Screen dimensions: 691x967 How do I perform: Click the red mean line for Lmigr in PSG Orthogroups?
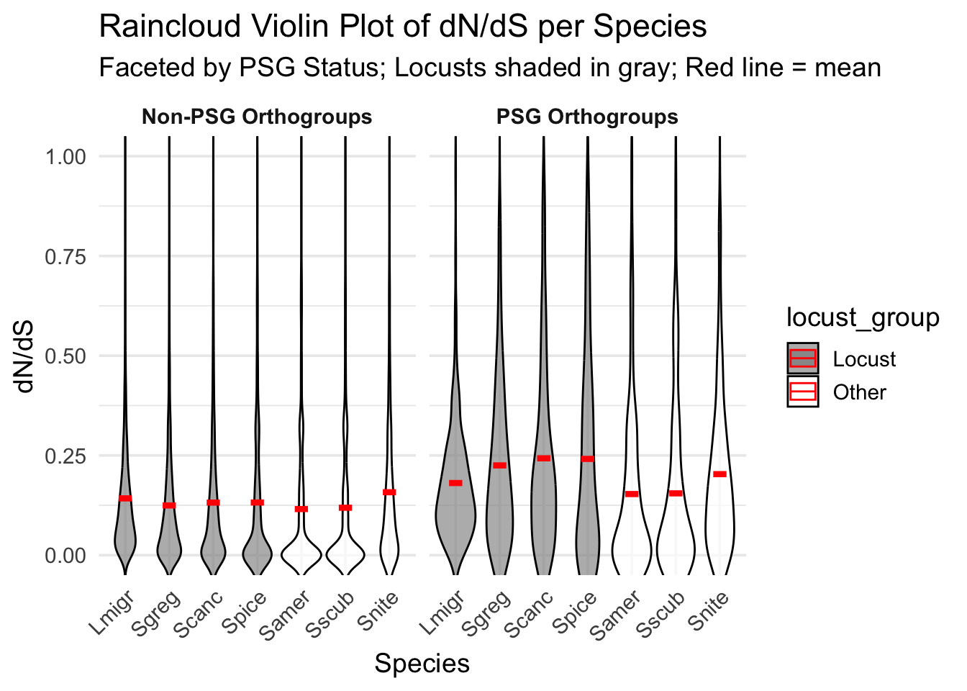pos(455,483)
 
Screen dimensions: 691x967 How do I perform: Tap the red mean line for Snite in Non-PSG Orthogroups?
pos(389,492)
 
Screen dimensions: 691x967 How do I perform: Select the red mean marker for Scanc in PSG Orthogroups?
pos(543,459)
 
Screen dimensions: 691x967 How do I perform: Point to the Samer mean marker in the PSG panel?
pos(632,494)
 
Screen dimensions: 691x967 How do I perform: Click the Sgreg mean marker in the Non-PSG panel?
pos(169,505)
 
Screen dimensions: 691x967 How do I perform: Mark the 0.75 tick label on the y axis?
pos(65,256)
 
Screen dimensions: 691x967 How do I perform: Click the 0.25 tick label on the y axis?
pos(65,456)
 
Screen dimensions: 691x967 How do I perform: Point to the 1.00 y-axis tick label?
pos(65,157)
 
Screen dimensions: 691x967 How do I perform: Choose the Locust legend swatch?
pos(802,358)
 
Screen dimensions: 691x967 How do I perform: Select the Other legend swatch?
pos(802,392)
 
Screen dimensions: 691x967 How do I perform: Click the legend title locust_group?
pos(862,317)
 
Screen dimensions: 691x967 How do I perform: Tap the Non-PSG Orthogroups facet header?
pos(257,117)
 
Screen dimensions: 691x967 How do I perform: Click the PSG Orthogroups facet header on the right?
pos(587,117)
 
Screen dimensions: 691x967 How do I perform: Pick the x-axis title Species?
pos(422,664)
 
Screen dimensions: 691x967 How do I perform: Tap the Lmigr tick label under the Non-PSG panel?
pos(113,614)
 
